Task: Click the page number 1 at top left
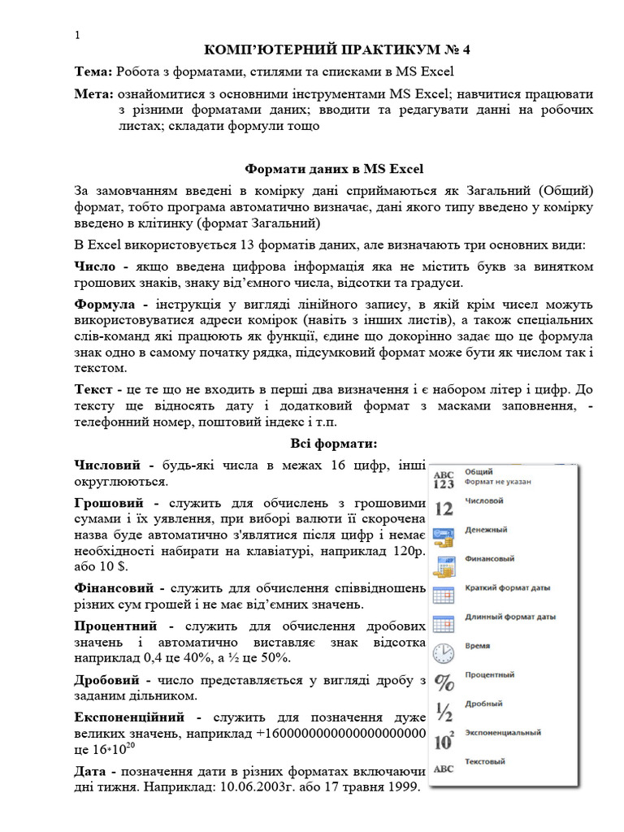(x=77, y=36)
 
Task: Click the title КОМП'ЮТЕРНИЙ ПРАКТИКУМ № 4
(x=336, y=50)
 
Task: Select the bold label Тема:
(x=94, y=71)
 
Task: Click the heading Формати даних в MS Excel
(x=335, y=169)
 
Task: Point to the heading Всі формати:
(x=334, y=443)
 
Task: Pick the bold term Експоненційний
(x=132, y=718)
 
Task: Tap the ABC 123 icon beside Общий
(x=444, y=479)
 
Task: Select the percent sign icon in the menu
(x=444, y=682)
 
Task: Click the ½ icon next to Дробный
(x=444, y=711)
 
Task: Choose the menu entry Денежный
(x=486, y=531)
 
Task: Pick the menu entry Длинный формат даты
(x=509, y=617)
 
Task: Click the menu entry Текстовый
(x=485, y=762)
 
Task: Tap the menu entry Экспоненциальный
(x=502, y=733)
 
